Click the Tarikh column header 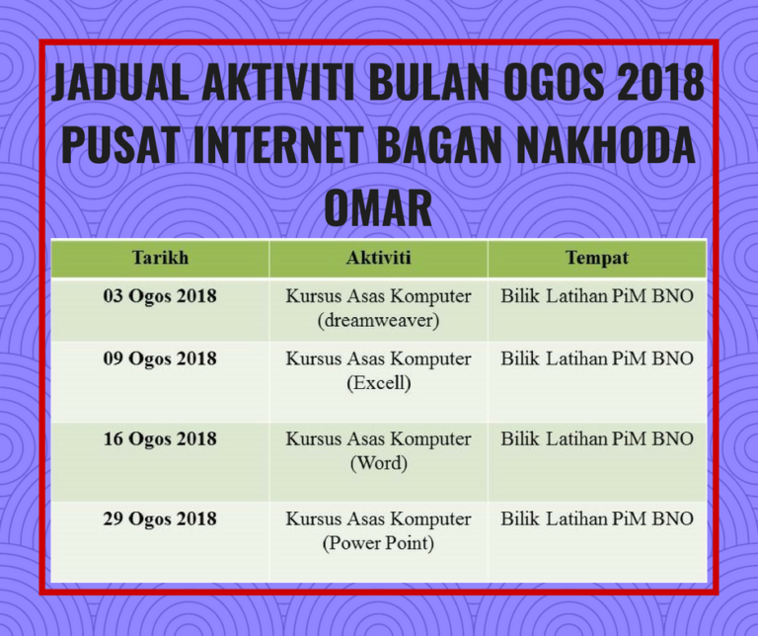tap(160, 258)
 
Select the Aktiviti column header tap(379, 258)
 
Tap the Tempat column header tap(597, 259)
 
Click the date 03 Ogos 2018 tap(160, 296)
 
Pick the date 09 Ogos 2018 tap(160, 358)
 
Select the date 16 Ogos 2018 tap(160, 439)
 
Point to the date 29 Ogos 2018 tap(160, 518)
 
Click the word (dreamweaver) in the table tap(379, 321)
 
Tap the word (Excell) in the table tap(379, 383)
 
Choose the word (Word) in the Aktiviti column tap(379, 463)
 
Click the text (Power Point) tap(379, 543)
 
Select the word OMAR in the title tap(378, 207)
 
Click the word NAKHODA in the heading tap(606, 145)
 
